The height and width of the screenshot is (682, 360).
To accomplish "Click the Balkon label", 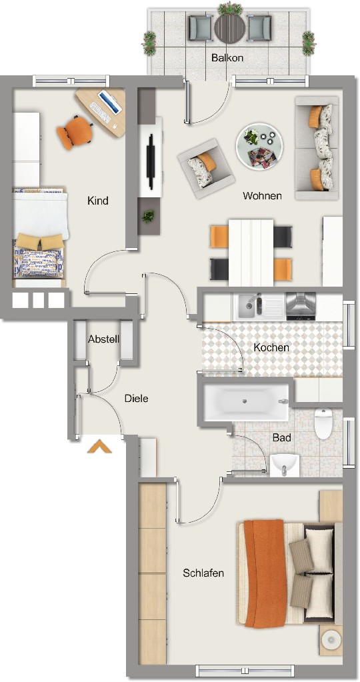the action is click(x=227, y=57).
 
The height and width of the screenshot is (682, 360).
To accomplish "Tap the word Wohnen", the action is click(x=262, y=196).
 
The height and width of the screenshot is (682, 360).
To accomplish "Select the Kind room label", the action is click(x=98, y=201).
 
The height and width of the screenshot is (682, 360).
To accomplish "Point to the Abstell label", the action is click(x=103, y=339).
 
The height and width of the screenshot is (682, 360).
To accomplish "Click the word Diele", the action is click(x=137, y=399).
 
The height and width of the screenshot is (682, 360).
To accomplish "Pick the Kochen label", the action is click(x=271, y=348).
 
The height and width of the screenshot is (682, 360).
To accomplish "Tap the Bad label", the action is click(x=282, y=437).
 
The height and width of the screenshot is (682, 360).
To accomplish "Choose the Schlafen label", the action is click(x=203, y=573).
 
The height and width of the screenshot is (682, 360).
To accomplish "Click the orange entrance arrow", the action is click(x=99, y=446).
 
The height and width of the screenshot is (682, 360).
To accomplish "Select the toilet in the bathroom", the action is click(x=323, y=423).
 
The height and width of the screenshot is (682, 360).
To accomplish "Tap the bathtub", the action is click(x=246, y=402).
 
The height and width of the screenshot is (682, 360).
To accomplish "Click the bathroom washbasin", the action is click(x=285, y=465).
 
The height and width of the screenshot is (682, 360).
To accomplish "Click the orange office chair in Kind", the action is click(x=75, y=132).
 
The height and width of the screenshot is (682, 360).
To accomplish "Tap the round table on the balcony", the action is click(x=229, y=29).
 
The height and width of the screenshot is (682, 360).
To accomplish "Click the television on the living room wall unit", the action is click(x=151, y=161).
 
